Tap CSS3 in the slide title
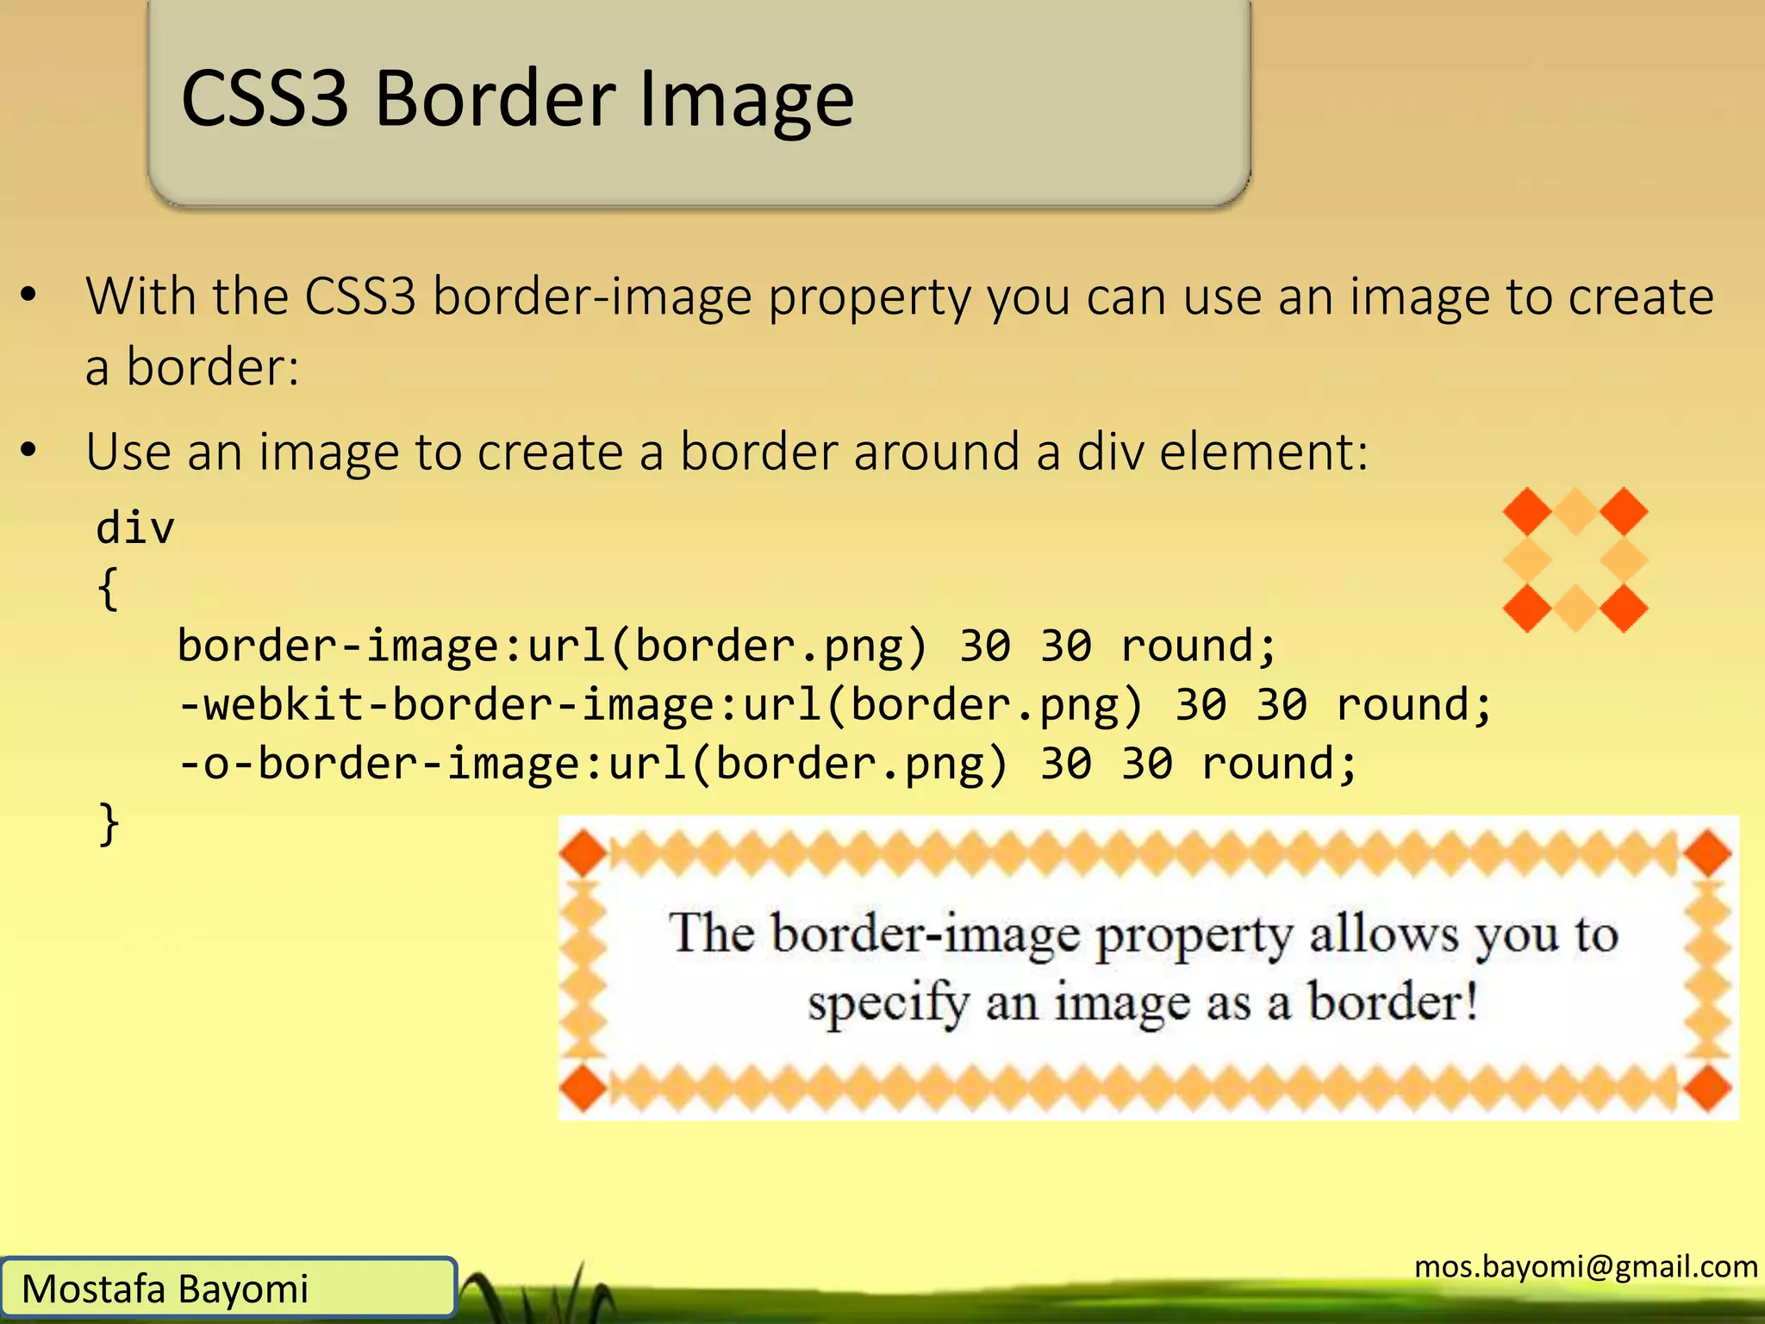(x=265, y=99)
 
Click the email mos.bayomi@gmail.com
(x=1586, y=1266)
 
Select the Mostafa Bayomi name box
(x=228, y=1288)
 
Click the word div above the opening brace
(x=135, y=527)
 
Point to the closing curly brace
(x=109, y=824)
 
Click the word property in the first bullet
(x=869, y=297)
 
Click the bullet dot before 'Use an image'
(x=29, y=450)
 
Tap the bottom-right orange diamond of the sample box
(x=1708, y=1088)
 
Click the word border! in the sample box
(x=1393, y=1002)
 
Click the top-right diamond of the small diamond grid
(x=1625, y=511)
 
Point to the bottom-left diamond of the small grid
(x=1527, y=608)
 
